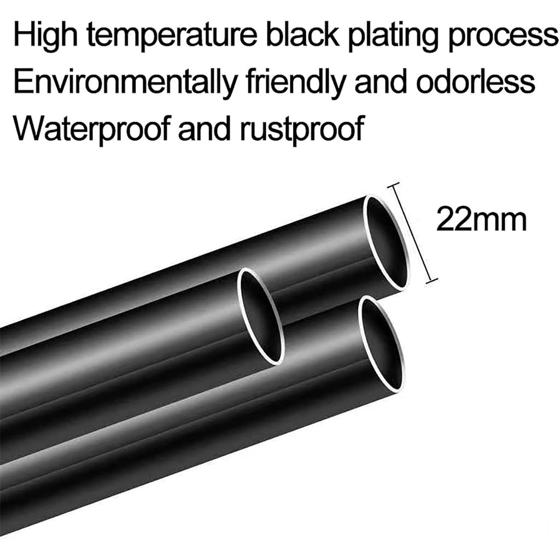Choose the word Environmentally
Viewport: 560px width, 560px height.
point(125,83)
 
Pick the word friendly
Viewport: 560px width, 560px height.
point(295,83)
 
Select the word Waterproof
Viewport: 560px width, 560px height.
point(91,129)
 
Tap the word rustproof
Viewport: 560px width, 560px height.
point(302,129)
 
